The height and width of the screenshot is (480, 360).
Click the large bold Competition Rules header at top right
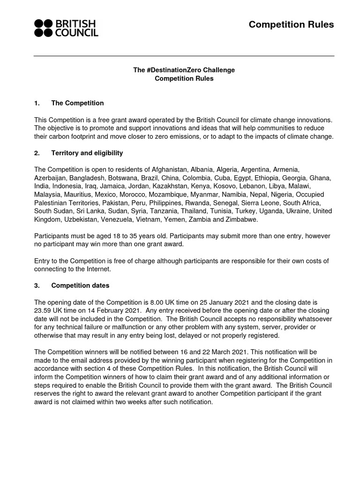click(x=291, y=25)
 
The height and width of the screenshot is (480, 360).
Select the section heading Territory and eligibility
click(x=87, y=153)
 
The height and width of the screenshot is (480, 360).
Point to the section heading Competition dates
click(x=80, y=285)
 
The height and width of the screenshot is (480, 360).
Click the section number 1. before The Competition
click(x=37, y=103)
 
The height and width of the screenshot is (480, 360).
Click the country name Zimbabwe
click(x=241, y=219)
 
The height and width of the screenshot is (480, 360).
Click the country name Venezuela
click(x=123, y=219)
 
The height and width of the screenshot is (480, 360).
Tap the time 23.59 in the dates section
click(x=43, y=311)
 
